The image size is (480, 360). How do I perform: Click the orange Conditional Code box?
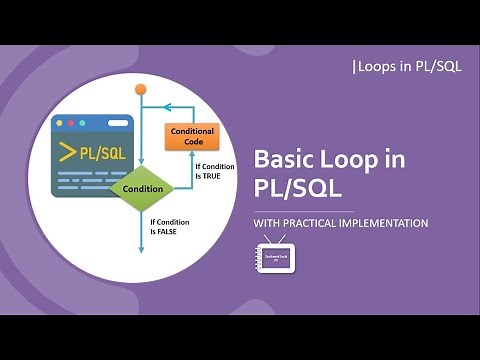tap(192, 136)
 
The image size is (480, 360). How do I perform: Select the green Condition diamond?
tap(142, 188)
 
